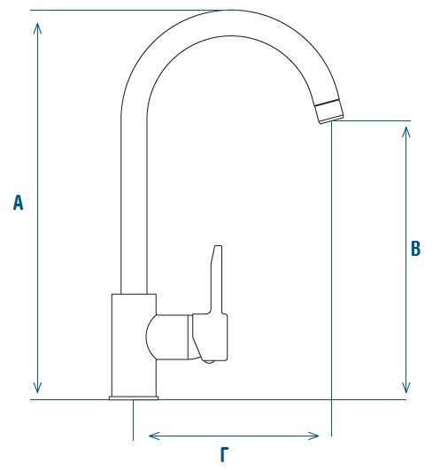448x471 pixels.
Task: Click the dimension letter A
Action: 18,203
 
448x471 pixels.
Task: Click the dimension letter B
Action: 415,249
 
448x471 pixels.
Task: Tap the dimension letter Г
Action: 224,454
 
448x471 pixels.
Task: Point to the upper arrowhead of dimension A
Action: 37,28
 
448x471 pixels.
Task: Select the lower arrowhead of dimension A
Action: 37,388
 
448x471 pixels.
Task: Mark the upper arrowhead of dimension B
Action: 406,132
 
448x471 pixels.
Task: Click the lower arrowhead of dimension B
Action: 406,388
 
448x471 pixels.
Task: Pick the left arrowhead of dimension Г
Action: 154,436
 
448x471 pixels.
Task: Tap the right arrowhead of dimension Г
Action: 313,436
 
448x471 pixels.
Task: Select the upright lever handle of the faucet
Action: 217,280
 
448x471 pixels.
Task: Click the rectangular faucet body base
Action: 134,345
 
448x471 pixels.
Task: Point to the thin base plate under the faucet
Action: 134,398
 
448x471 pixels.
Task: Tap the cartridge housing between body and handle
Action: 168,336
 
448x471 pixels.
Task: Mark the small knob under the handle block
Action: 209,361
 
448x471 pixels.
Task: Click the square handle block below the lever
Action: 210,337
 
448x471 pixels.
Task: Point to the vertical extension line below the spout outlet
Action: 331,278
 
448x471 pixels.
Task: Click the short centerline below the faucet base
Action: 133,420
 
